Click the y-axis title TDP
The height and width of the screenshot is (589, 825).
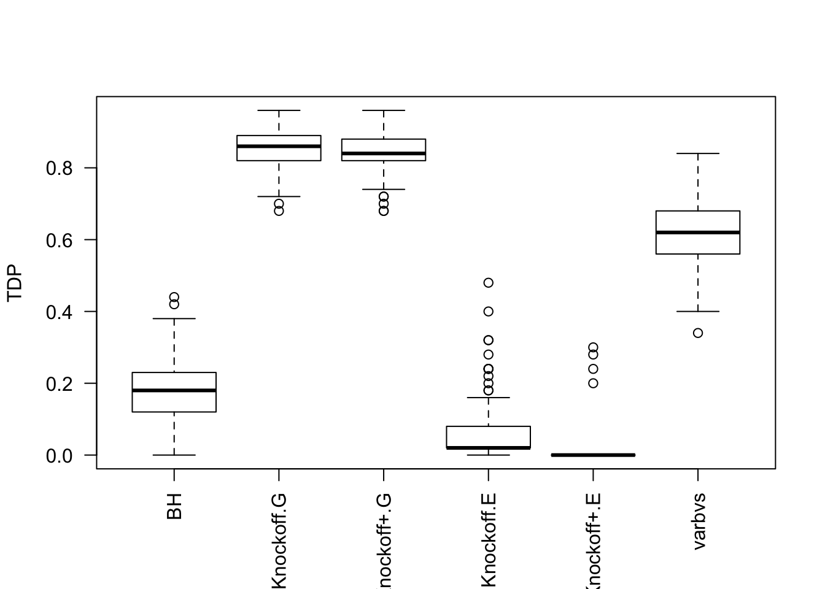pos(15,283)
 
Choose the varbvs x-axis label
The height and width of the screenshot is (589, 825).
pos(699,521)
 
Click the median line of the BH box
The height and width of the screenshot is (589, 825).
pos(174,390)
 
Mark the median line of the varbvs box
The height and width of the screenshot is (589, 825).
pos(698,232)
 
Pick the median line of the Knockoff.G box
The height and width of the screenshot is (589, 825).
pos(279,146)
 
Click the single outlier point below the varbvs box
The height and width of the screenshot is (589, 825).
pos(698,333)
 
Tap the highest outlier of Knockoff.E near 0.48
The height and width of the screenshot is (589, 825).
pos(489,283)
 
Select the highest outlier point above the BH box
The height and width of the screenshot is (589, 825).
pos(174,298)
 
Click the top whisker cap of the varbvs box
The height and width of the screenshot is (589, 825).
pos(698,153)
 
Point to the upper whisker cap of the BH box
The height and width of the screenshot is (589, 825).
pos(174,318)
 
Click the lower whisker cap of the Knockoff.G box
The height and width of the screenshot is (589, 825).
pos(279,196)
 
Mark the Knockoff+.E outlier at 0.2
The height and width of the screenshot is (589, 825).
pos(593,383)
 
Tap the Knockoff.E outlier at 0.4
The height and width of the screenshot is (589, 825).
pos(489,312)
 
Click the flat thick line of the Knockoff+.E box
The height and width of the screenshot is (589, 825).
pos(593,455)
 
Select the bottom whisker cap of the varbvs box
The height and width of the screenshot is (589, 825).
pos(698,312)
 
